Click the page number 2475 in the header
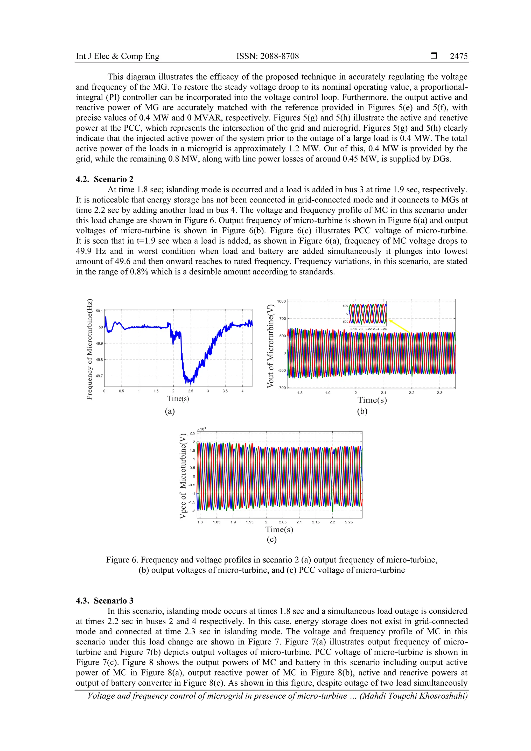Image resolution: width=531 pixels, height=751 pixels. (x=458, y=56)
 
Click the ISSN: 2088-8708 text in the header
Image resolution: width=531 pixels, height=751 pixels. (x=267, y=56)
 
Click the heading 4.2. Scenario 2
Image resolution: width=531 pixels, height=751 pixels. (x=105, y=179)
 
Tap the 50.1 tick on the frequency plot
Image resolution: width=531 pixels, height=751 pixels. (x=99, y=311)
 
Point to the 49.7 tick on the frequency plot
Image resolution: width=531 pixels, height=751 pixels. (x=99, y=376)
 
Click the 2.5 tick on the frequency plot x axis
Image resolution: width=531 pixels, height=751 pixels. (x=190, y=391)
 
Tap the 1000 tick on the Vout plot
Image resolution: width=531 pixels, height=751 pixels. (x=281, y=301)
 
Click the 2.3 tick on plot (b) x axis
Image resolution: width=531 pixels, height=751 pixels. (x=439, y=392)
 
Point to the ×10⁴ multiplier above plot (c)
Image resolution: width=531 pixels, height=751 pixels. (x=201, y=429)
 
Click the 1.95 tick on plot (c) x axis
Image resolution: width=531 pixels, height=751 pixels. (x=250, y=522)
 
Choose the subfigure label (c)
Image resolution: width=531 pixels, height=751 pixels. (x=271, y=539)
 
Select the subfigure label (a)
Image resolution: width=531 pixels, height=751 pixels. (x=170, y=411)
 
